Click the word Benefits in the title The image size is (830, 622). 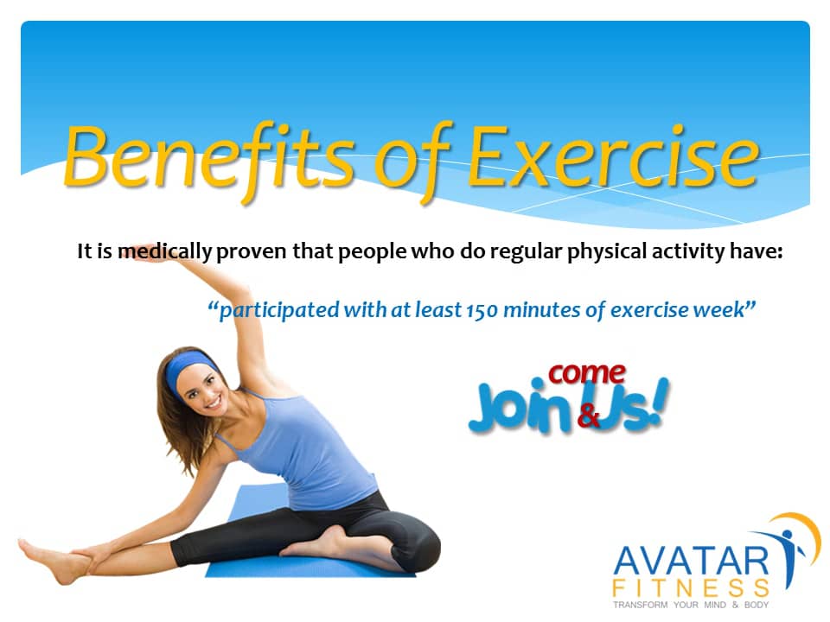(x=207, y=157)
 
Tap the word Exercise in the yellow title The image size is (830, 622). (x=615, y=157)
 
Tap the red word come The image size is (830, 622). (x=587, y=373)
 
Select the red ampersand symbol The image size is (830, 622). (x=588, y=416)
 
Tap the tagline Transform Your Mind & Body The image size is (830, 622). (x=690, y=606)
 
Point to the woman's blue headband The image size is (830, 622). (x=190, y=367)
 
